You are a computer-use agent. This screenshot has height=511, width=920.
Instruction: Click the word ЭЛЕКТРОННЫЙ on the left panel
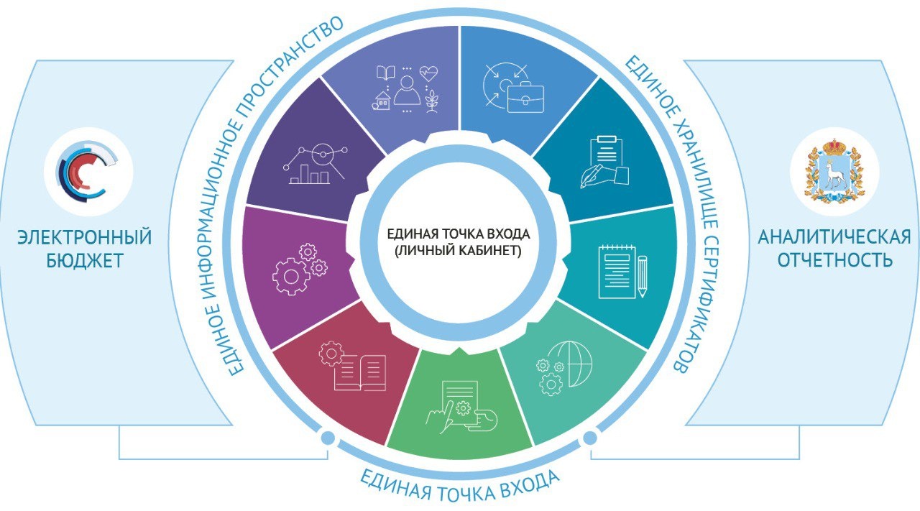85,238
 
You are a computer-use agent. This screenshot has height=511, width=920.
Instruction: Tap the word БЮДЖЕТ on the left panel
85,260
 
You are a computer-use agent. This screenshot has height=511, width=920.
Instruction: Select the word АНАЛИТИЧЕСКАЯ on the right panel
834,237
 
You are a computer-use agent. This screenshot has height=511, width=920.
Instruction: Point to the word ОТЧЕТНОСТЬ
834,259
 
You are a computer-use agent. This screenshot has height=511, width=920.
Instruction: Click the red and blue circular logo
88,171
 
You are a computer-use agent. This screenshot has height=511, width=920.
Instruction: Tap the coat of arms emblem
834,171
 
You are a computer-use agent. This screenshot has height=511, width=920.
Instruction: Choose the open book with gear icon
354,367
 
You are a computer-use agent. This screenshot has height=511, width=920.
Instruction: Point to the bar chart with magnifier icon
317,163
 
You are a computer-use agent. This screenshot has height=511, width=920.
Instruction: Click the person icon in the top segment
406,89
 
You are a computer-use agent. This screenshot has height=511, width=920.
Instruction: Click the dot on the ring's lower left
327,437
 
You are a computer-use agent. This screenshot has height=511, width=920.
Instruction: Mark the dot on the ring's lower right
590,437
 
